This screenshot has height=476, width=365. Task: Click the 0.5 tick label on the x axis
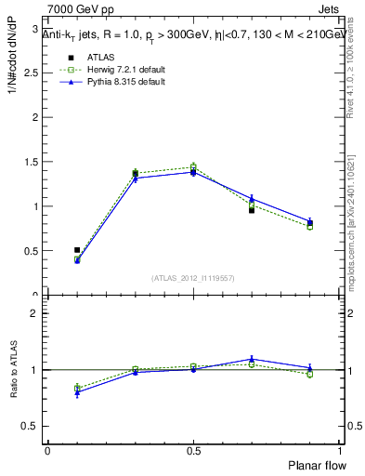193,451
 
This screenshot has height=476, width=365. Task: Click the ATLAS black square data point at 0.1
77,250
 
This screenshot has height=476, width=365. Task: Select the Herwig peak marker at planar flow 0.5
193,167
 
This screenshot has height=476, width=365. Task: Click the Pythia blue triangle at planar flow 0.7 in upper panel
252,199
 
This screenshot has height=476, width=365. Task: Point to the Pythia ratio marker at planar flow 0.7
252,359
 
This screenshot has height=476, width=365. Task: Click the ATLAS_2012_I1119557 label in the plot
193,278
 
